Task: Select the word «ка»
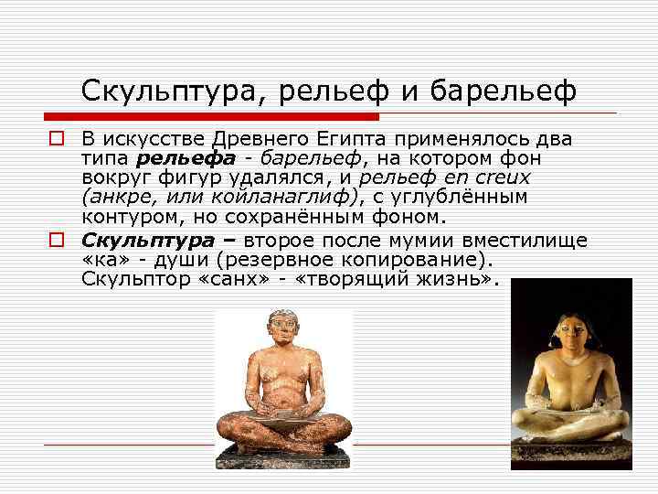click(103, 260)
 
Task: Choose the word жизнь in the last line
click(458, 279)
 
